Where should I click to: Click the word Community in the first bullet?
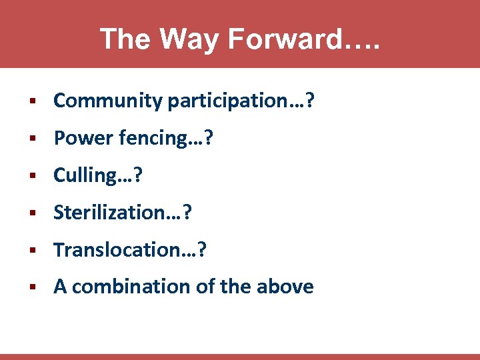(108, 101)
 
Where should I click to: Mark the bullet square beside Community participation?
(32, 101)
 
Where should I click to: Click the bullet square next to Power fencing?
(32, 139)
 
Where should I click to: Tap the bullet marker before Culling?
(32, 176)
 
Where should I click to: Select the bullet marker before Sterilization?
(32, 213)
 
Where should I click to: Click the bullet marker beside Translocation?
(32, 251)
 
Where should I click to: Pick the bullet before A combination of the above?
(32, 287)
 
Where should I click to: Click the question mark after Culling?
(138, 175)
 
